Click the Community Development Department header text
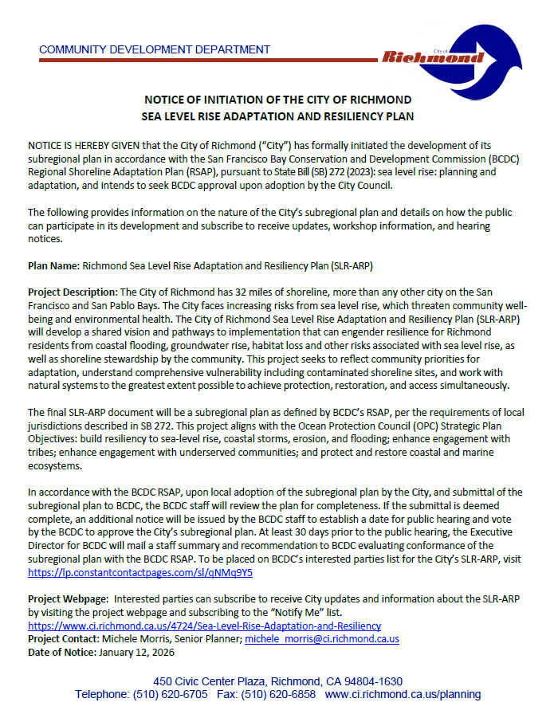[155, 49]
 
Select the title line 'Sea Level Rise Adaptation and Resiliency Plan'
[277, 116]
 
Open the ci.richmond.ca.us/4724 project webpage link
[204, 626]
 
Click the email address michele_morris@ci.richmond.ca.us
[321, 639]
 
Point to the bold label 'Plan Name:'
[53, 265]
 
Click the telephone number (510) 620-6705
[174, 694]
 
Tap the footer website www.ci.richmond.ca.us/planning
[403, 694]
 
